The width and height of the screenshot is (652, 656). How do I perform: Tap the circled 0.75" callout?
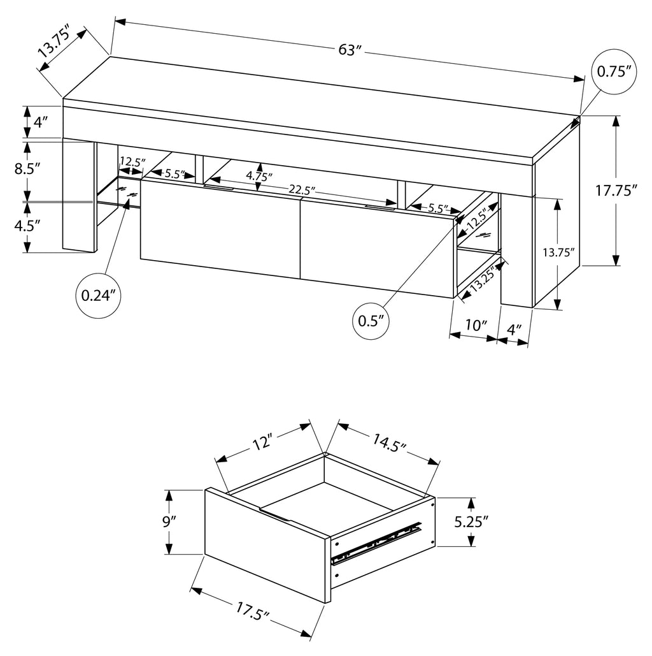pos(615,71)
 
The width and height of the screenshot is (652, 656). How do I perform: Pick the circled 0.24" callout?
pos(97,295)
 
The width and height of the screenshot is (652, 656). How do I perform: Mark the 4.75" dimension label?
pos(258,175)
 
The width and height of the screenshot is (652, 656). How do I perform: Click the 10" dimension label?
pos(475,324)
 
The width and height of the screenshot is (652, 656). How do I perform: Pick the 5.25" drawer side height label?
pos(471,522)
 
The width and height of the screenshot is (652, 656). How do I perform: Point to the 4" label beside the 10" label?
pos(514,330)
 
